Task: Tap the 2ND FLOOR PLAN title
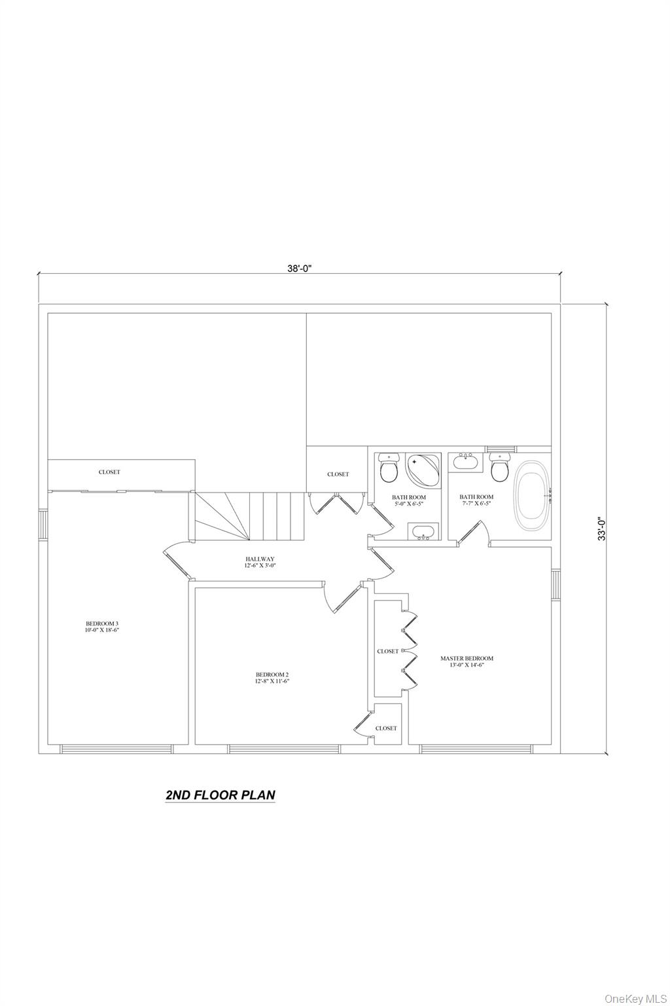(x=220, y=795)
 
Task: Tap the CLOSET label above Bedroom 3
(x=109, y=472)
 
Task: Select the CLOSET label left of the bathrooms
(x=338, y=474)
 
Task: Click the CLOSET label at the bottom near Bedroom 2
(x=386, y=728)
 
